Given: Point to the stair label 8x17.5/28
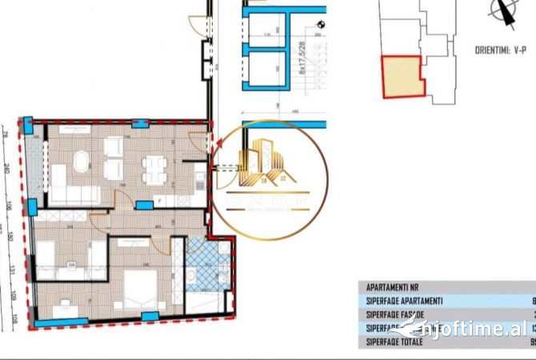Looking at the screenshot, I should [303, 60].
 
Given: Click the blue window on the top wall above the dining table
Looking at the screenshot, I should [141, 124].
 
